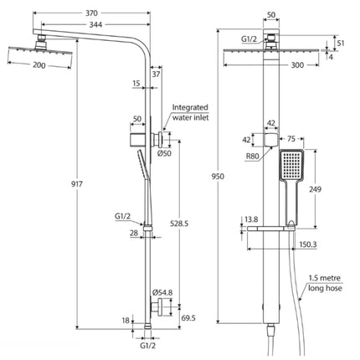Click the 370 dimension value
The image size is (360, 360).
coord(91,13)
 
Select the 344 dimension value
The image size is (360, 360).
coord(95,25)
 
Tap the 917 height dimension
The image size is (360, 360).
coord(77,184)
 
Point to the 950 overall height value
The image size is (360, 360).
coord(218,177)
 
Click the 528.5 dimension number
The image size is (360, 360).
coord(179,224)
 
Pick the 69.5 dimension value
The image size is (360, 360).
coord(188,318)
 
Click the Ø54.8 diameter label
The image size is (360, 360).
coord(162,292)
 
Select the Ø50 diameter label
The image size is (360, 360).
coord(164,153)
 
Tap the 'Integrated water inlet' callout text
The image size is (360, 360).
coord(190,112)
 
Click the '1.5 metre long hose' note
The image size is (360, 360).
coord(325,283)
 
